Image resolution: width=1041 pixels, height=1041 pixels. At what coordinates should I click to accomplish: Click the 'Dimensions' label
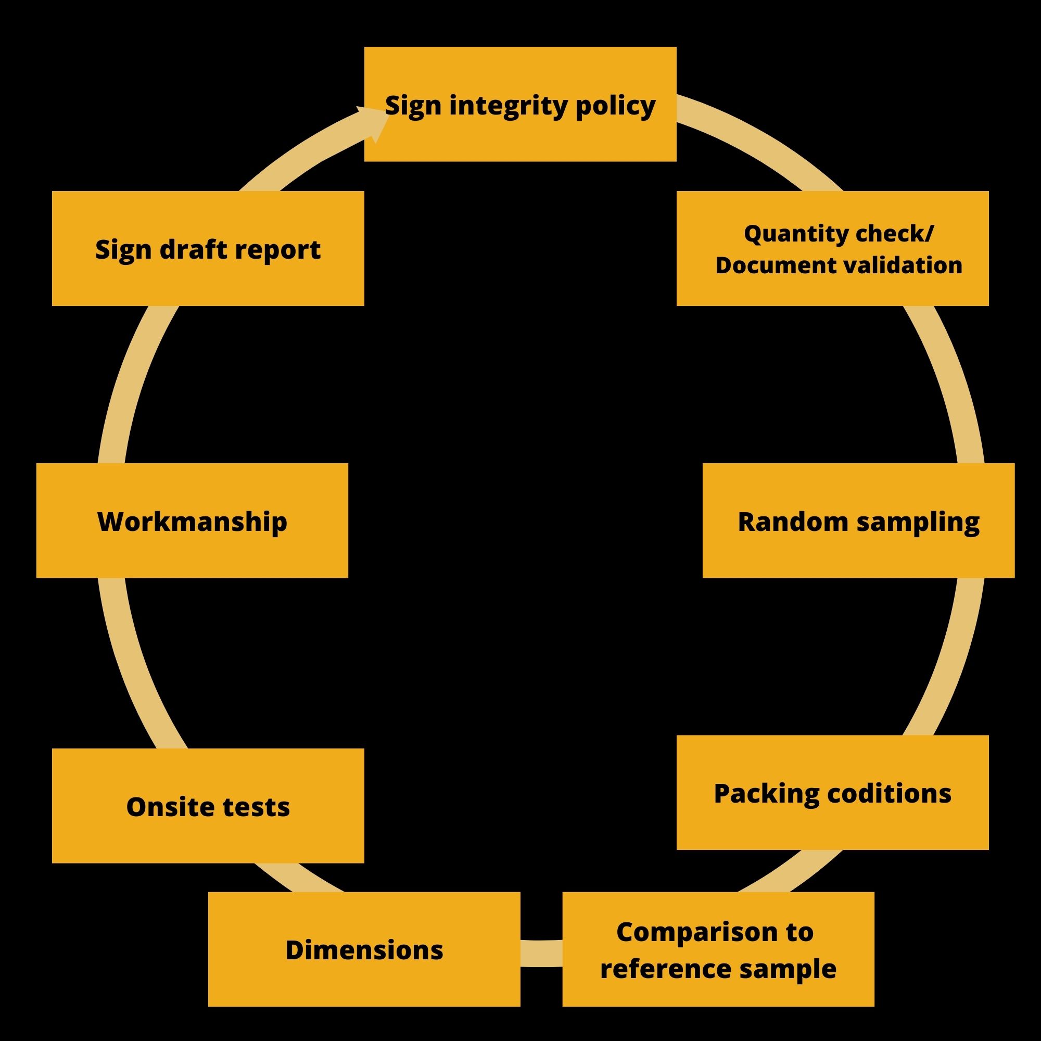pyautogui.click(x=364, y=950)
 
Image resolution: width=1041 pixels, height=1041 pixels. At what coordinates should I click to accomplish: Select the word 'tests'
pyautogui.click(x=257, y=807)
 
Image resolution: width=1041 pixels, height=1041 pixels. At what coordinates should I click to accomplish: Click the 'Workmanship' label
pyautogui.click(x=192, y=522)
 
